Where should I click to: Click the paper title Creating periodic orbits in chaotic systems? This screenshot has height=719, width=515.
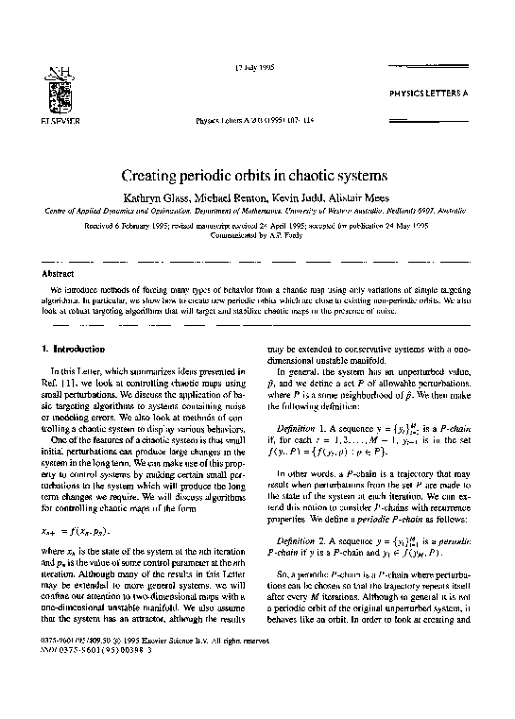(257, 175)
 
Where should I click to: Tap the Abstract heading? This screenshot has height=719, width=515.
(60, 272)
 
